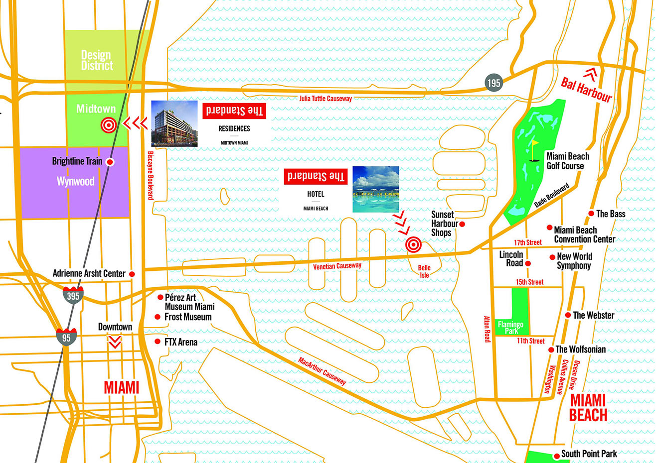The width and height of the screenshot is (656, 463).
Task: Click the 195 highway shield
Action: click(x=493, y=83)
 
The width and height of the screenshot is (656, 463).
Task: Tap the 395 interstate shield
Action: click(x=73, y=295)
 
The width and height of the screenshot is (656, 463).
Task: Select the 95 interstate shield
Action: click(x=66, y=337)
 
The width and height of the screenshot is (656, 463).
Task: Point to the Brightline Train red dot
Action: click(x=111, y=162)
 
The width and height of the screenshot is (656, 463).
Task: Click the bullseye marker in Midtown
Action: click(x=109, y=124)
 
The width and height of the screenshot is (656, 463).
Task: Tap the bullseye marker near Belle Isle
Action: click(x=413, y=244)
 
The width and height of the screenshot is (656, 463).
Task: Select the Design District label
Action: click(x=97, y=60)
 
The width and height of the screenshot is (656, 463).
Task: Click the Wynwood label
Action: click(x=75, y=181)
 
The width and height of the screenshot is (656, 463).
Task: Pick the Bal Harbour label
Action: click(x=586, y=90)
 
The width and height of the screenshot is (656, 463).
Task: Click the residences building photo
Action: click(x=174, y=123)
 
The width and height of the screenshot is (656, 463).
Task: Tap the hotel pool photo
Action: click(x=376, y=189)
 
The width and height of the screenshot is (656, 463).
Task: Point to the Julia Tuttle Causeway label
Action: click(x=326, y=99)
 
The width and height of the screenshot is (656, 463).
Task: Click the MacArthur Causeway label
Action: click(x=322, y=371)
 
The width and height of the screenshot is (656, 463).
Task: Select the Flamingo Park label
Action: click(x=511, y=327)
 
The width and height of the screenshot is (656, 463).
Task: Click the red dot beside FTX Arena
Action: click(x=158, y=342)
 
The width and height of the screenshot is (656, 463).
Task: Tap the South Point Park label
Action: click(x=589, y=454)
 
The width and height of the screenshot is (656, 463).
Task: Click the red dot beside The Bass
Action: click(x=591, y=214)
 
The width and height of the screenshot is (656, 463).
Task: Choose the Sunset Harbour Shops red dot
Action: click(x=462, y=224)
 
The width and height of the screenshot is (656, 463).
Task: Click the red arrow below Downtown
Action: click(x=115, y=342)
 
